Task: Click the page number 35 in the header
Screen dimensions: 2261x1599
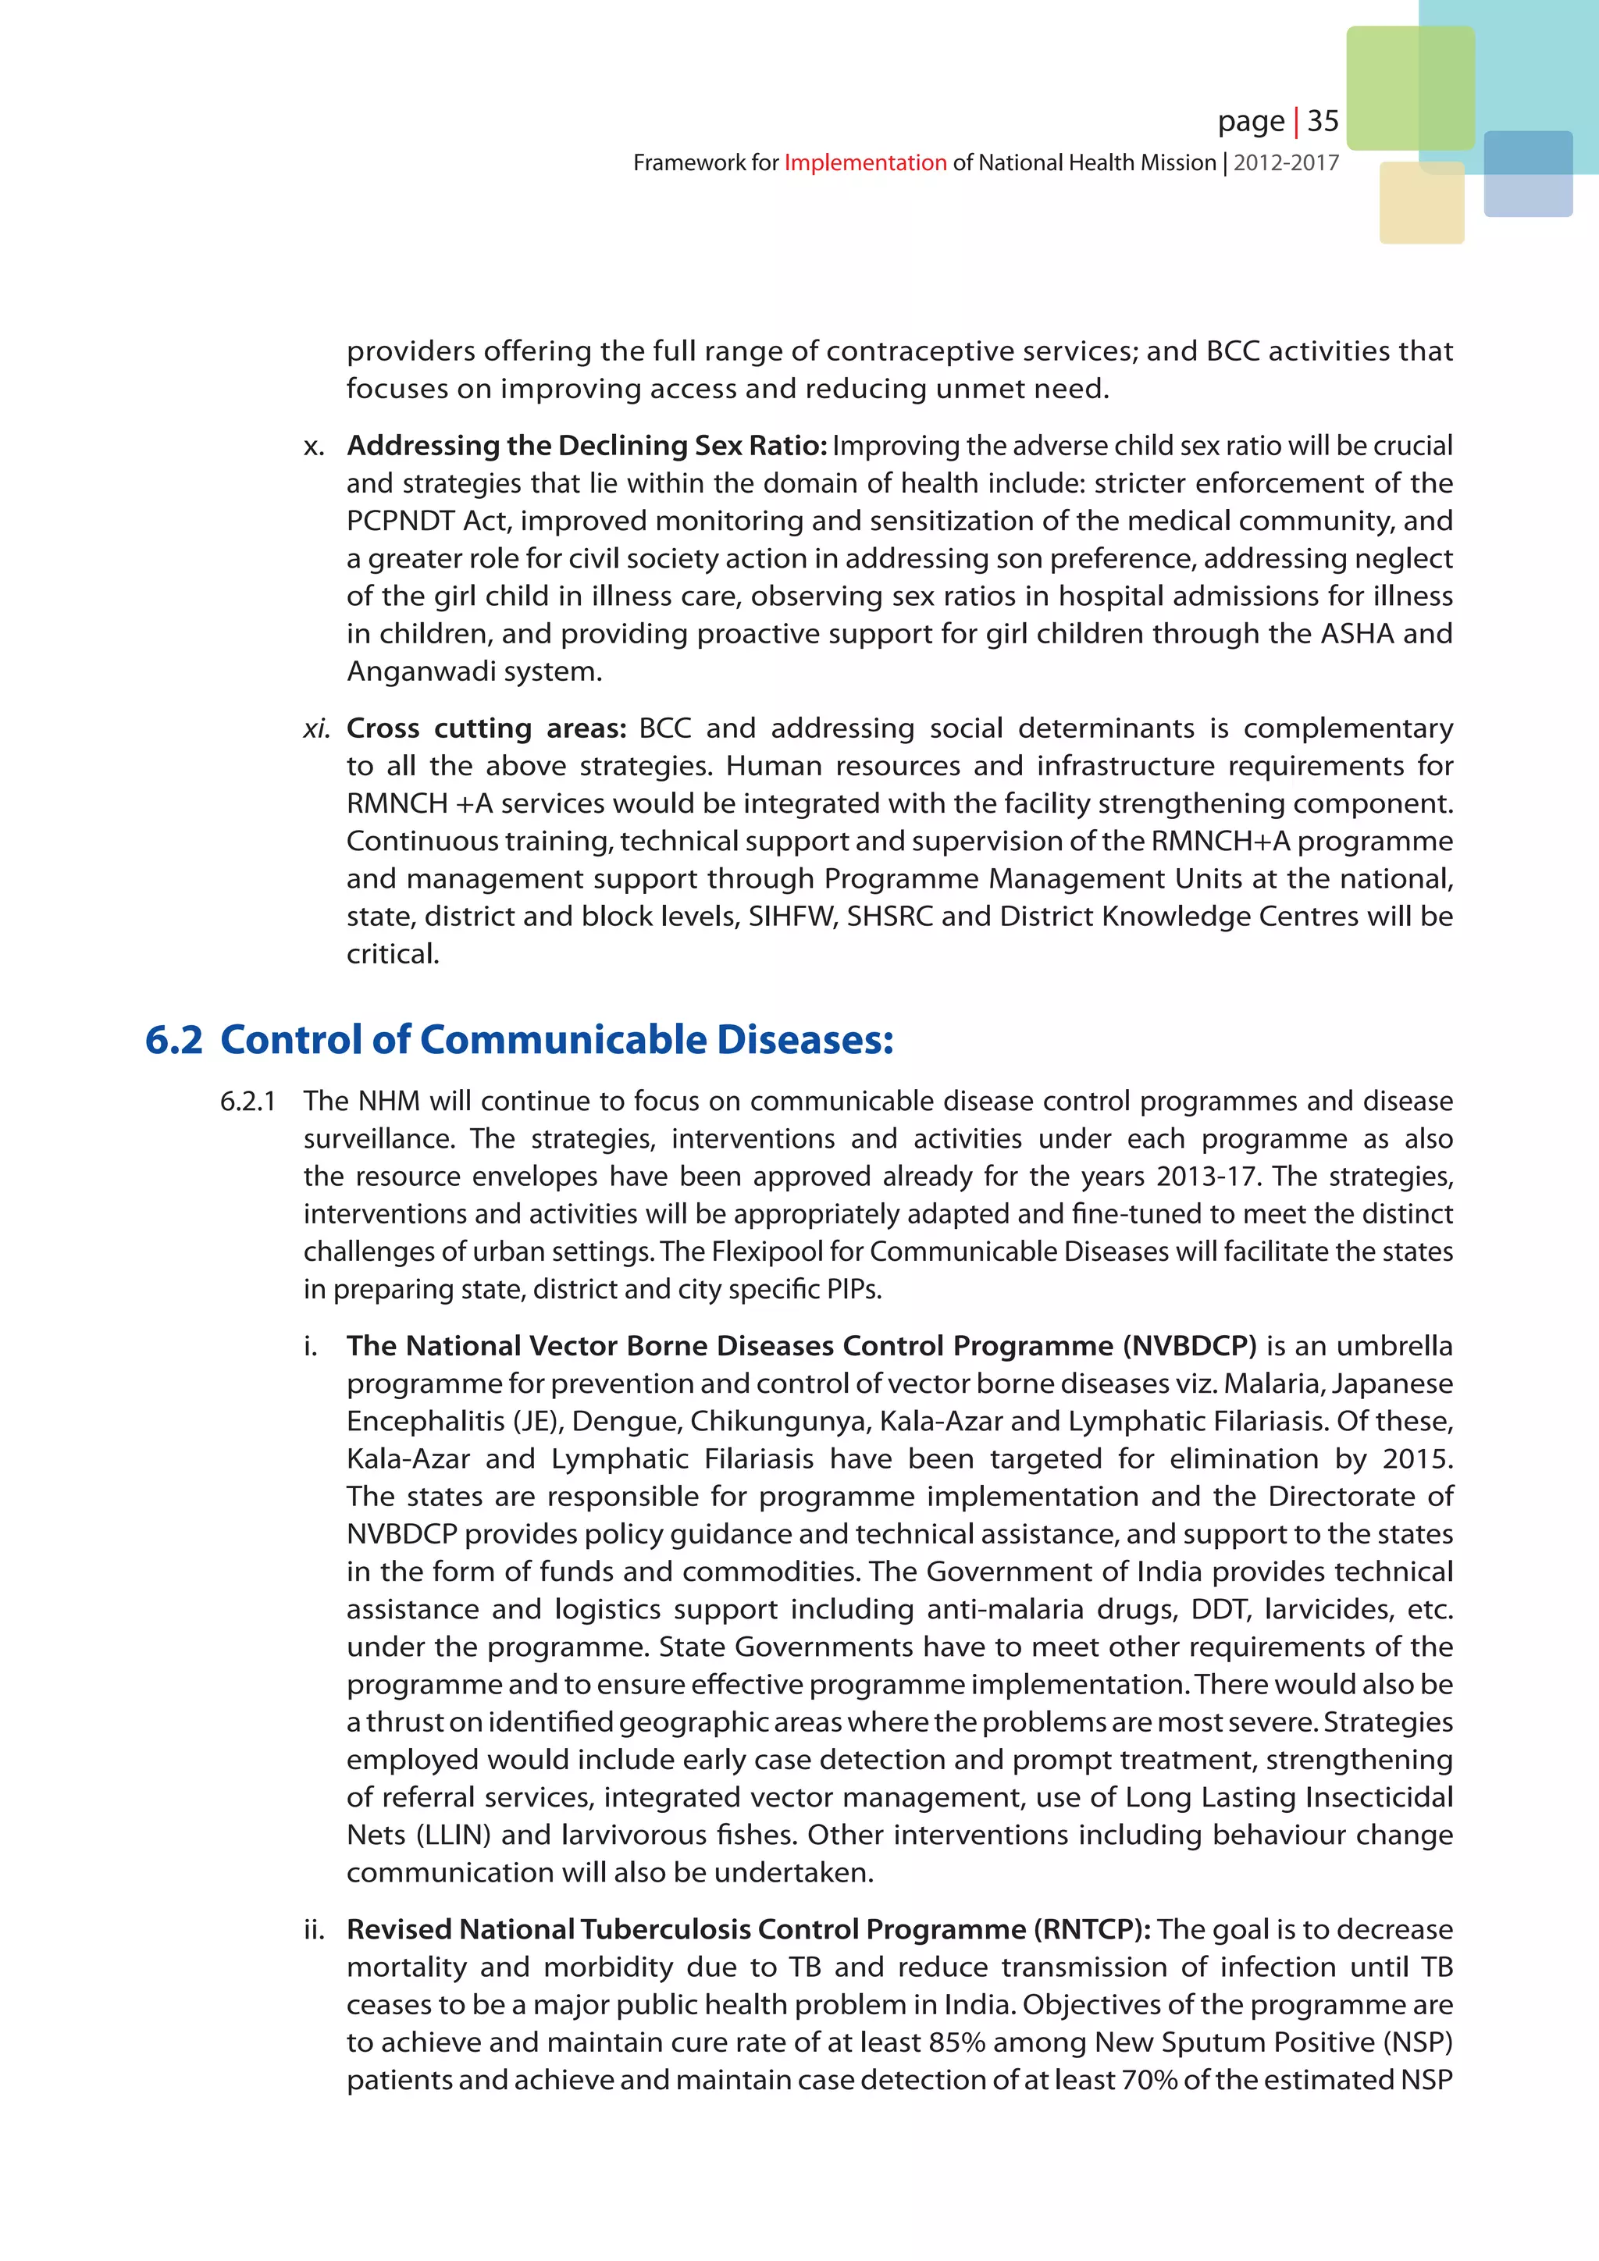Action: click(1323, 121)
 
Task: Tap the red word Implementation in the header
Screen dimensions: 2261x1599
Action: click(864, 162)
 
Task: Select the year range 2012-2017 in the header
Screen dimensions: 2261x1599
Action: click(1286, 162)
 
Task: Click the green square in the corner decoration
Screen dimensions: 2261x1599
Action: click(1410, 87)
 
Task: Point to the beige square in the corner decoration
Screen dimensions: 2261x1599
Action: click(1421, 203)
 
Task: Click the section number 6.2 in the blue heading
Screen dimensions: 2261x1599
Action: click(173, 1040)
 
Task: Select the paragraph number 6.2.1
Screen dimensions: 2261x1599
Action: click(248, 1101)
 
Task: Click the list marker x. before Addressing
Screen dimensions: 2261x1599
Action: click(313, 446)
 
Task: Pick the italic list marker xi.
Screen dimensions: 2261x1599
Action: click(315, 728)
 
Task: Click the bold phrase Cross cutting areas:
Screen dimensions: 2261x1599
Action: click(486, 728)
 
